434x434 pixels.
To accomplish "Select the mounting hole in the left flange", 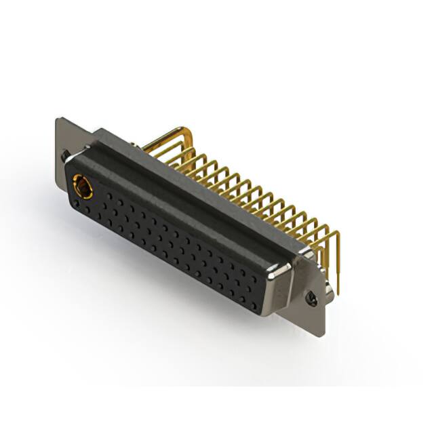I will tap(64, 155).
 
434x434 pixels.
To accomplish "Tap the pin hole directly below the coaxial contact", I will tap(81, 207).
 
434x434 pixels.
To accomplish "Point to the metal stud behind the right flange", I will tap(328, 288).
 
